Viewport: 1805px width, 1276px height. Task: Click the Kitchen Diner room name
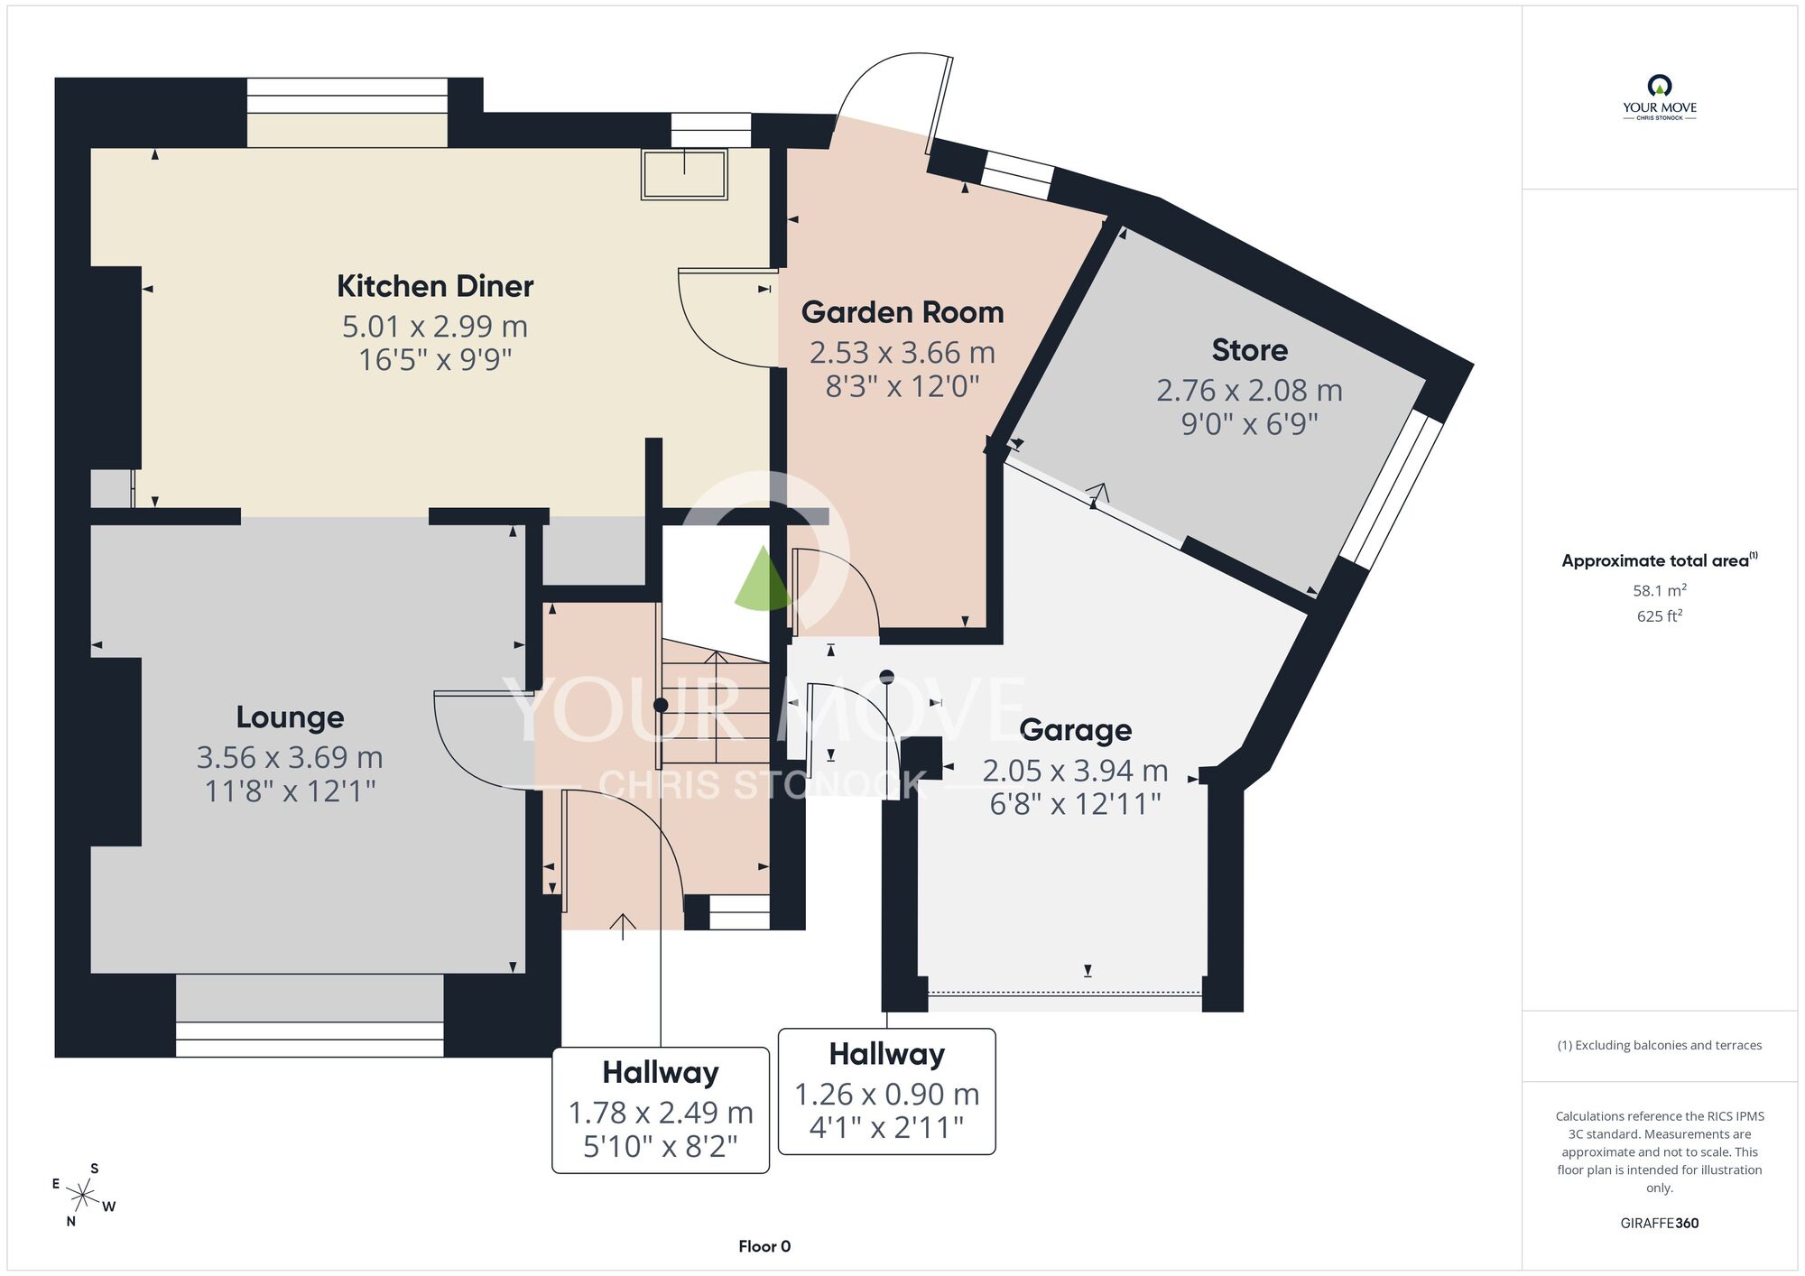(x=435, y=286)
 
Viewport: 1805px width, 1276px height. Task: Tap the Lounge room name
(x=290, y=717)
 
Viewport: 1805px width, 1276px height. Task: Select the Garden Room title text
(x=902, y=312)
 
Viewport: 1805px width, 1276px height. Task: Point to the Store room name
(x=1250, y=350)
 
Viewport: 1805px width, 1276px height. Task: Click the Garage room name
(x=1076, y=730)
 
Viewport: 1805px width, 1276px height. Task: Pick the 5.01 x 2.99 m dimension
(x=435, y=326)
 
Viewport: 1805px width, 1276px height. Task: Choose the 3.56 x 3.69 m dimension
(x=290, y=757)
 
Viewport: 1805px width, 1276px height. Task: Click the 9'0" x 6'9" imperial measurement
(x=1250, y=423)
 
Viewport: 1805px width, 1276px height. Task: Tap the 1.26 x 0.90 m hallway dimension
(x=887, y=1094)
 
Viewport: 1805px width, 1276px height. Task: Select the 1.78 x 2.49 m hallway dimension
(x=661, y=1113)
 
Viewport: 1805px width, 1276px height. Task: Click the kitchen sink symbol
(x=684, y=174)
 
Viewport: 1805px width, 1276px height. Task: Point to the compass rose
(x=83, y=1197)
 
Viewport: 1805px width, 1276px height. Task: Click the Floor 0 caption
(x=764, y=1246)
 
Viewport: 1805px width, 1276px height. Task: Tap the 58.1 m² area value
(x=1660, y=590)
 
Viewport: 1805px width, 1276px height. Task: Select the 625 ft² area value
(x=1660, y=615)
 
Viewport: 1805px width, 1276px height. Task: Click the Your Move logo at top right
(x=1660, y=97)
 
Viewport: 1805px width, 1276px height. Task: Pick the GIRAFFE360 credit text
(x=1660, y=1224)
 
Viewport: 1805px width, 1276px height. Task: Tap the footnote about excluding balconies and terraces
(x=1660, y=1045)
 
